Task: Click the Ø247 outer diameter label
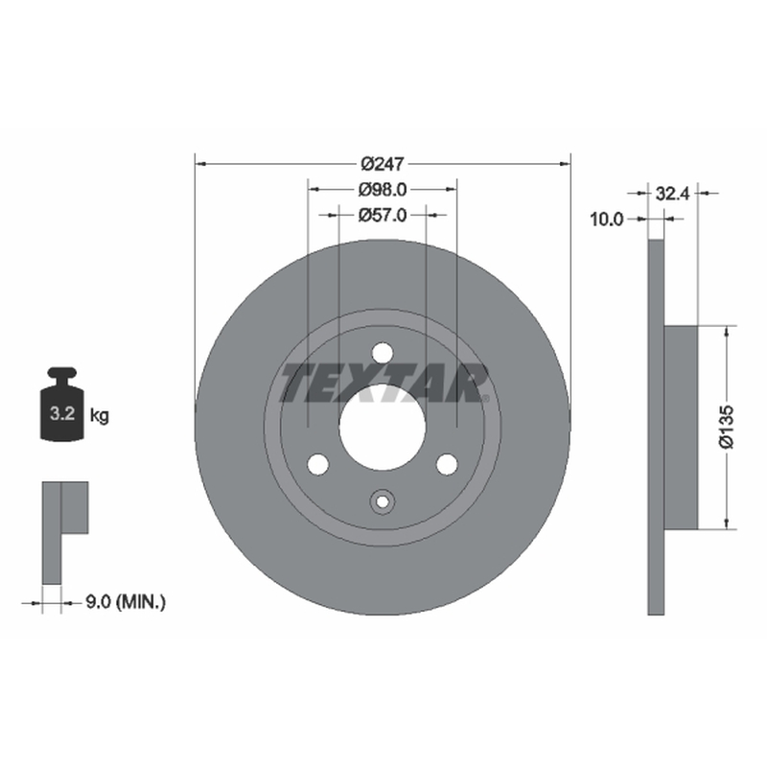tap(383, 164)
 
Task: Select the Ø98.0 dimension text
tap(382, 190)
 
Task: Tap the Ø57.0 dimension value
tap(382, 215)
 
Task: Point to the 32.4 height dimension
tap(672, 194)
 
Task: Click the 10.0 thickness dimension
tap(607, 220)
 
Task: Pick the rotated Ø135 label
tap(727, 427)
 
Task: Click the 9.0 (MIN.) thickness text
tap(126, 602)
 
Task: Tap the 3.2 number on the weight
tap(62, 414)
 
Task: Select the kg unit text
tap(100, 416)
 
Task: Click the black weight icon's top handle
tap(62, 374)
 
